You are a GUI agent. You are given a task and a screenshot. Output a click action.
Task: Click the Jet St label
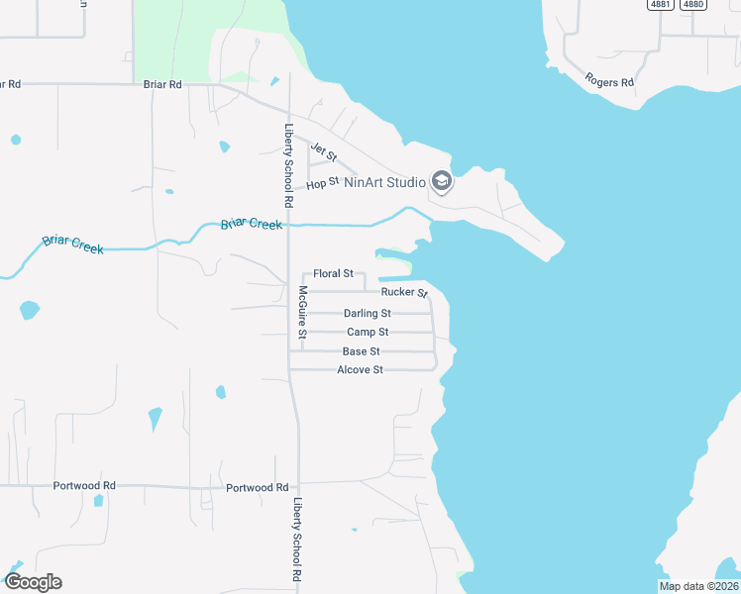(x=324, y=152)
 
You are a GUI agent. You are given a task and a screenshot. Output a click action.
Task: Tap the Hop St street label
(x=323, y=183)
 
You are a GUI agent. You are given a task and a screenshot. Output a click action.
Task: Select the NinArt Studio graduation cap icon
(x=442, y=182)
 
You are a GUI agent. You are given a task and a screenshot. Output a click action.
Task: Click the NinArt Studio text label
(x=384, y=182)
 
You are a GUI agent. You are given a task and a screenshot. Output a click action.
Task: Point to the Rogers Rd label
(x=609, y=80)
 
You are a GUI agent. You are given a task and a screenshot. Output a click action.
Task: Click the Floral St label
(x=333, y=273)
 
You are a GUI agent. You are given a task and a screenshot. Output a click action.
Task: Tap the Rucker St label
(x=403, y=292)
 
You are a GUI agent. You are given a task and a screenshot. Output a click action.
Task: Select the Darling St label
(x=368, y=314)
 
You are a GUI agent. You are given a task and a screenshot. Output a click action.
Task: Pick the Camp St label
(x=368, y=333)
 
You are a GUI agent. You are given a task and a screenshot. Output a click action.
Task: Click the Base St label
(x=361, y=351)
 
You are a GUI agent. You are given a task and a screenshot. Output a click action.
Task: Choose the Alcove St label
(x=360, y=370)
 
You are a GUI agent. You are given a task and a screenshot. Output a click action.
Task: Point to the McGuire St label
(x=303, y=312)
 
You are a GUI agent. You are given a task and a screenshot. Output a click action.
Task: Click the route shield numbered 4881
(x=662, y=5)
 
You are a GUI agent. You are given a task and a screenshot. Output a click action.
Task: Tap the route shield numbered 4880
(x=693, y=5)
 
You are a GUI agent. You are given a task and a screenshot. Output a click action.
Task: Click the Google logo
(x=33, y=582)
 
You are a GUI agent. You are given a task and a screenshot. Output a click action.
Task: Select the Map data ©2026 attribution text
(x=697, y=586)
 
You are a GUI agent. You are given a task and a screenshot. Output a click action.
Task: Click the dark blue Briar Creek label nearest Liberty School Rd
(x=252, y=225)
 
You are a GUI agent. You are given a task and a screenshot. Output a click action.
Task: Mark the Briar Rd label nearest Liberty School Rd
(x=161, y=85)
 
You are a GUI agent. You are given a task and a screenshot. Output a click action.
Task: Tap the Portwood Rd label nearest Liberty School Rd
(x=257, y=488)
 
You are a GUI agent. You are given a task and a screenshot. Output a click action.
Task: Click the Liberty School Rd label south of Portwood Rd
(x=296, y=539)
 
